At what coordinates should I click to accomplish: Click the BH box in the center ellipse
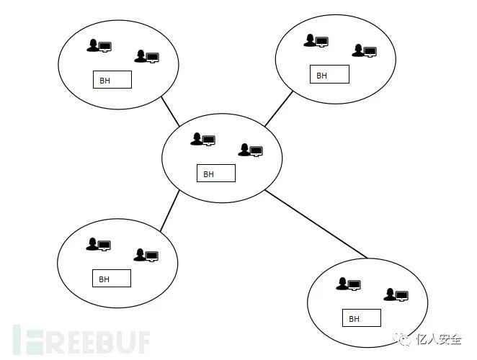[215, 174]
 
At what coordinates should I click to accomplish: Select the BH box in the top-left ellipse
[112, 80]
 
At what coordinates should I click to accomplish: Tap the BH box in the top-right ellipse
[329, 74]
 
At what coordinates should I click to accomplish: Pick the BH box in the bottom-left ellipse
[112, 279]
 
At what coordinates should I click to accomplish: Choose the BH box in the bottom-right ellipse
[361, 318]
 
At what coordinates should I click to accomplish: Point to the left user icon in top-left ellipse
[99, 46]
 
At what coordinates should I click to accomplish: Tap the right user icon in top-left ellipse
[146, 56]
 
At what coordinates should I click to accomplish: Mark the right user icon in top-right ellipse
[364, 51]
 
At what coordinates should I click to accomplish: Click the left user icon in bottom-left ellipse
[99, 244]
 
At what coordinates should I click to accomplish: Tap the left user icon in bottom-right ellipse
[348, 284]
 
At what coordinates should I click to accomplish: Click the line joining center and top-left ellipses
[170, 112]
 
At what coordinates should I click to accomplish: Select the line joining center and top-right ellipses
[279, 109]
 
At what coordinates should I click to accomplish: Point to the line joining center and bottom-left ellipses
[170, 211]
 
